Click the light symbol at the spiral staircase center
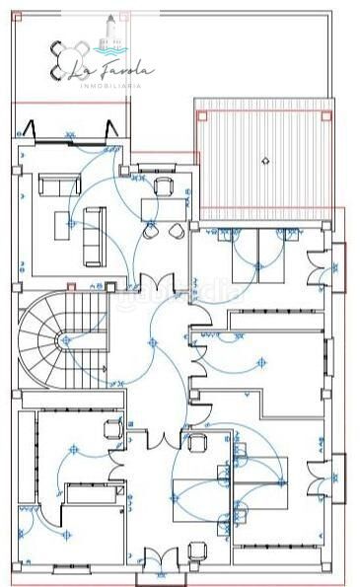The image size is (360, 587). point(66,338)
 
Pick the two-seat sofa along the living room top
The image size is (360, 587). point(59,185)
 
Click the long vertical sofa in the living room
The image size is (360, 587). point(95,235)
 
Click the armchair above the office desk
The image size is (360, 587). point(162,186)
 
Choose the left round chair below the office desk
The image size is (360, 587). point(150,233)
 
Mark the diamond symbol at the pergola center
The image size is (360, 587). point(264,159)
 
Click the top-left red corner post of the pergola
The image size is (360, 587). point(202,115)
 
